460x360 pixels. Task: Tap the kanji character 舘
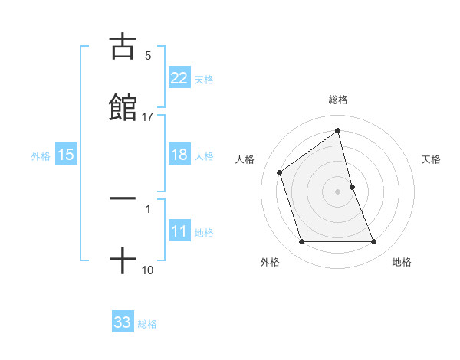click(123, 107)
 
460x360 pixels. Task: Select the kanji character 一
click(123, 198)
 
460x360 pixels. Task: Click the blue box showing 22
click(179, 78)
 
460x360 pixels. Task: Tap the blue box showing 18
click(179, 155)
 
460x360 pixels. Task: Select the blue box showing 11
click(179, 231)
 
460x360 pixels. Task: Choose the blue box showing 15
click(66, 155)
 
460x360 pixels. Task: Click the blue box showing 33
click(123, 322)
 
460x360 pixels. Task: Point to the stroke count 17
click(148, 117)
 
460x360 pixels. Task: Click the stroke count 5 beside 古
click(148, 55)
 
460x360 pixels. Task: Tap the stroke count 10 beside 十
click(148, 270)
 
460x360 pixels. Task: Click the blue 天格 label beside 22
click(204, 79)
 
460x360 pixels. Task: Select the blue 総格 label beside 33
click(147, 324)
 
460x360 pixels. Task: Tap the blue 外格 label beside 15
click(41, 155)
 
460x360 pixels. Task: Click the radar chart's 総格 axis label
click(338, 100)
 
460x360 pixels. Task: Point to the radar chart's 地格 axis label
click(402, 262)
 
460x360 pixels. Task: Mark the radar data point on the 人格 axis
click(280, 172)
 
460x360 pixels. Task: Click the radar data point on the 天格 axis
click(352, 187)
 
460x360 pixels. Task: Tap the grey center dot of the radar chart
click(338, 191)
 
